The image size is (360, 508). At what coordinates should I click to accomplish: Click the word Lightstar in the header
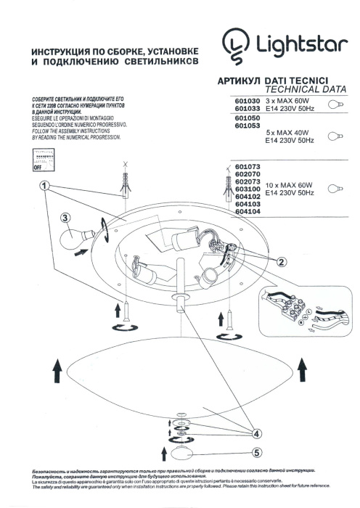point(298,45)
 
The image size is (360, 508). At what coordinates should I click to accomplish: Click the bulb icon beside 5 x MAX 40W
point(335,137)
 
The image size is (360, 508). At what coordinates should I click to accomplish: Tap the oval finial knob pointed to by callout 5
point(181,454)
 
